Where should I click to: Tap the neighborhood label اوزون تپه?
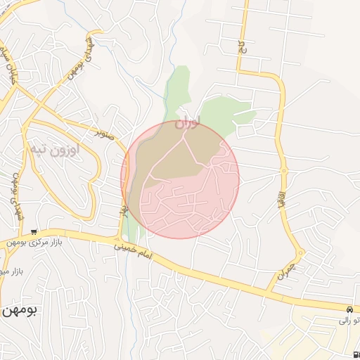54,149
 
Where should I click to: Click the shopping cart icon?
33,232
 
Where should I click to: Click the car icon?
349,309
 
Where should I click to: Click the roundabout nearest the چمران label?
301,253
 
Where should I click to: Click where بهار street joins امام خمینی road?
120,238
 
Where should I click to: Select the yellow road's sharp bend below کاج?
239,70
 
